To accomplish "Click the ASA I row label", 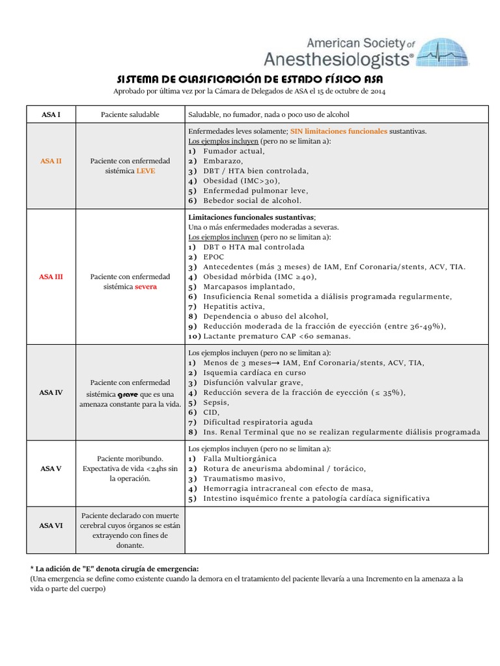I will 51,114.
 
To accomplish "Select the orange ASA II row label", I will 51,161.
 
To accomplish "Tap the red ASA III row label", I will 51,276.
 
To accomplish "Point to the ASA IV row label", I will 51,392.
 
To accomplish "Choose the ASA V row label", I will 51,468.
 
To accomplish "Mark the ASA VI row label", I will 51,526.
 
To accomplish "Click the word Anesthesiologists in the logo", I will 338,60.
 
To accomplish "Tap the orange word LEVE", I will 146,171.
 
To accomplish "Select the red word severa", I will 146,287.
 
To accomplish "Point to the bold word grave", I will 128,394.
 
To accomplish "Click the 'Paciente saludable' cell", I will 130,114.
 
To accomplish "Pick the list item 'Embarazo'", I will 223,161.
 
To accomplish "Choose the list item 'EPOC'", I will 214,257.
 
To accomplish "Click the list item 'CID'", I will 212,412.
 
